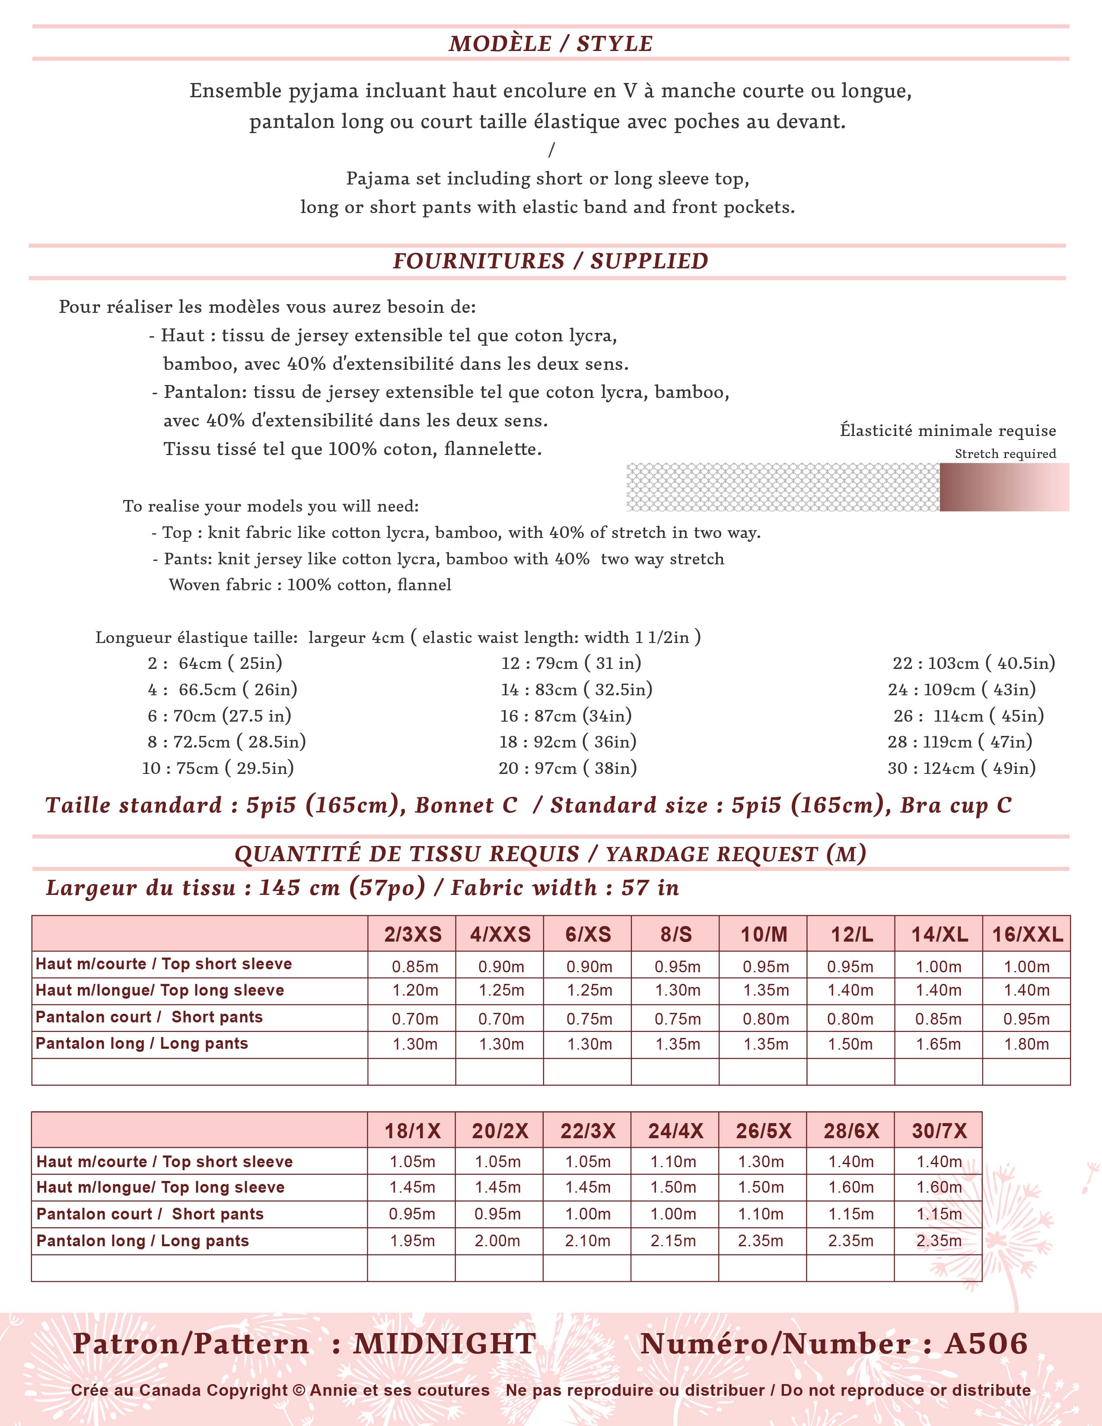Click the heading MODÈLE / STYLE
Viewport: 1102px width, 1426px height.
coord(550,44)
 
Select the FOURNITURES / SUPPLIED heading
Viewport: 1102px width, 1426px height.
coord(550,261)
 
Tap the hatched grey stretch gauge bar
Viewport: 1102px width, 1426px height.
coord(782,487)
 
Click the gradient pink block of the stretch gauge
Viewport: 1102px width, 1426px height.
coord(1004,487)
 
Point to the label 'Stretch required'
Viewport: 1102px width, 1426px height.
coord(1005,454)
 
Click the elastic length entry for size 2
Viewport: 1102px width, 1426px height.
coord(215,663)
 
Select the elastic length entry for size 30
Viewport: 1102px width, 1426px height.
coord(961,768)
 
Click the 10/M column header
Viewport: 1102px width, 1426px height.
coord(763,934)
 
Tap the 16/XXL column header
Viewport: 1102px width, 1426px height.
coord(1027,934)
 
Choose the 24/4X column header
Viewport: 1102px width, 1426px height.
coord(675,1131)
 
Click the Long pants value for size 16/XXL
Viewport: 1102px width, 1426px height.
coord(1026,1044)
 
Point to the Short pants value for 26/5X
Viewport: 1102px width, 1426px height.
coord(761,1214)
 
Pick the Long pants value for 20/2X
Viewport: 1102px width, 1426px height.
coord(497,1241)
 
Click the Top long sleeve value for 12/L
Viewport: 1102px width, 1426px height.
coord(850,990)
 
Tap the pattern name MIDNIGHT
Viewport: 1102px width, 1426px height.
coord(445,1344)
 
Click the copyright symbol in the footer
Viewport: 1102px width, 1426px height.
coord(299,1391)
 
